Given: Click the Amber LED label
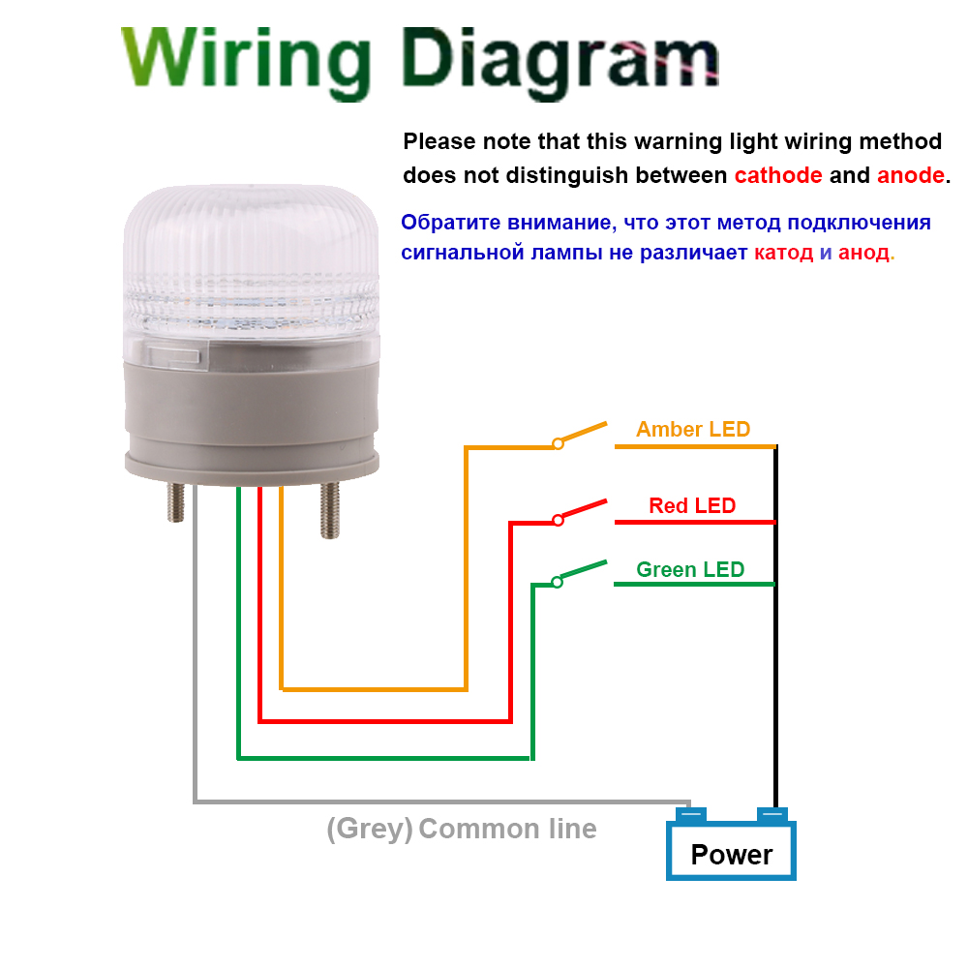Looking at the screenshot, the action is click(x=693, y=429).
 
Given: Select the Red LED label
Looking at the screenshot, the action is click(x=692, y=505).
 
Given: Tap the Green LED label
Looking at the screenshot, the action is click(x=690, y=569).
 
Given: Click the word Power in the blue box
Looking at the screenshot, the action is click(x=732, y=855).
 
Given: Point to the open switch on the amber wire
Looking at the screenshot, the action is click(x=580, y=434).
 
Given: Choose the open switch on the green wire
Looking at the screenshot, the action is click(x=580, y=573).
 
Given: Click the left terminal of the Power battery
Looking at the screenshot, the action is click(x=691, y=814).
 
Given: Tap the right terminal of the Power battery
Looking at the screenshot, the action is click(x=772, y=814).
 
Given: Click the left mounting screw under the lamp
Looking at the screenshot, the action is click(x=176, y=502).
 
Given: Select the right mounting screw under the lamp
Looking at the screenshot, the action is click(x=330, y=510).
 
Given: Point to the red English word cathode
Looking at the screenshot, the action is click(x=778, y=175).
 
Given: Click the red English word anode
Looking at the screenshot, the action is click(x=911, y=175).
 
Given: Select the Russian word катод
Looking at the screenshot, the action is click(x=783, y=253).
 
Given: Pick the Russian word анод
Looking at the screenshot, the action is click(x=863, y=253).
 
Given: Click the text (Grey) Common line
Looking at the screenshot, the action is click(x=461, y=829).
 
